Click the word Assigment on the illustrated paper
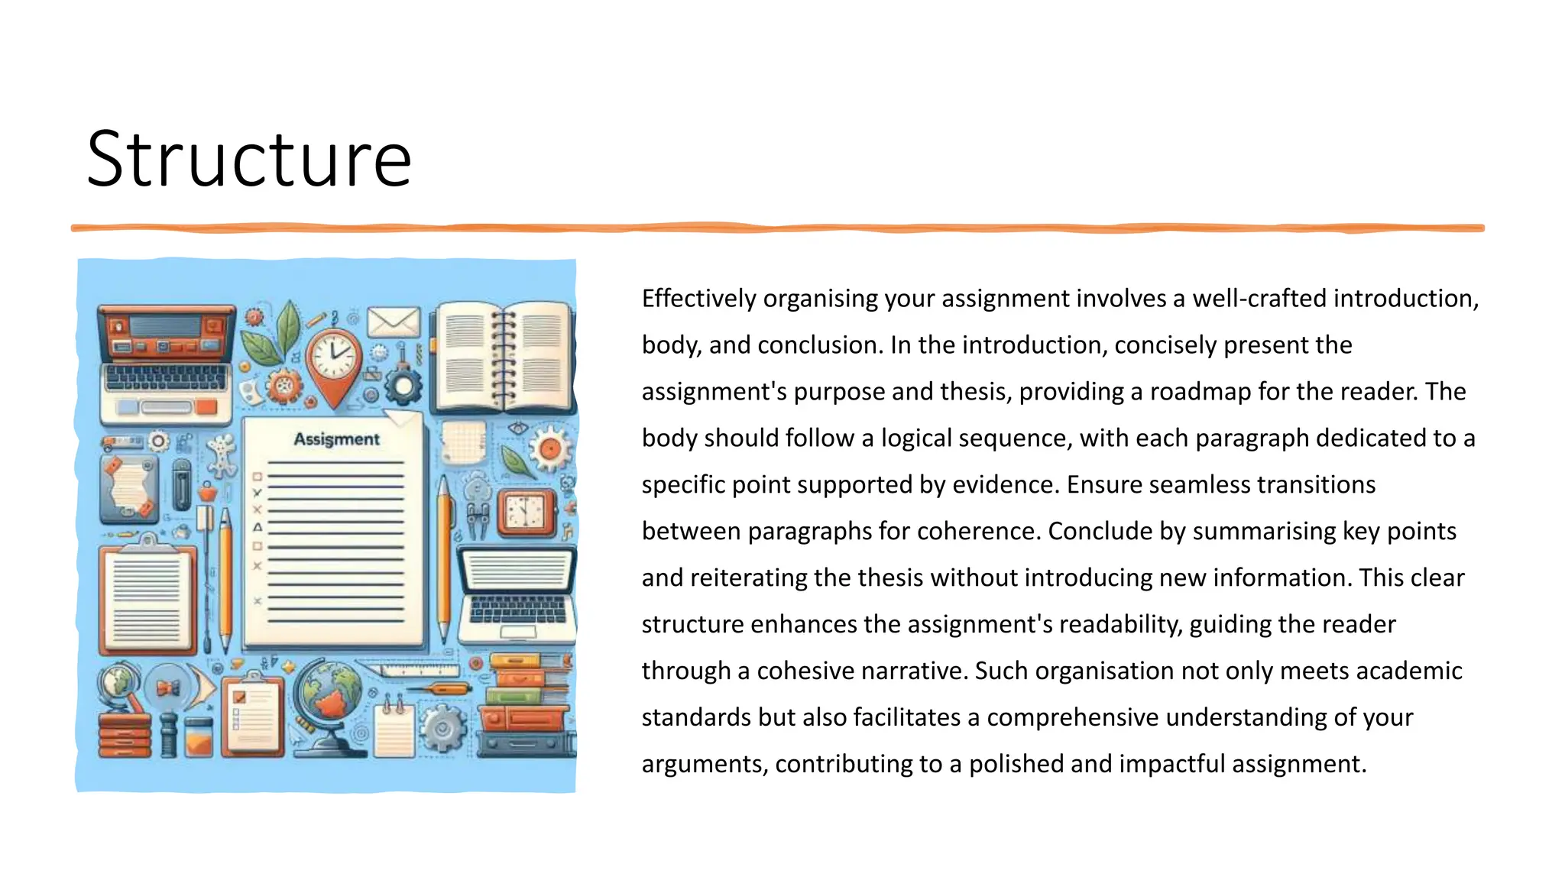(x=336, y=439)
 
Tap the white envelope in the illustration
(x=394, y=322)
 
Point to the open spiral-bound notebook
(x=503, y=356)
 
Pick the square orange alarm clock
(x=526, y=512)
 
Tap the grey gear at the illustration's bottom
(x=442, y=726)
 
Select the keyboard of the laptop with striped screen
(x=517, y=609)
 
